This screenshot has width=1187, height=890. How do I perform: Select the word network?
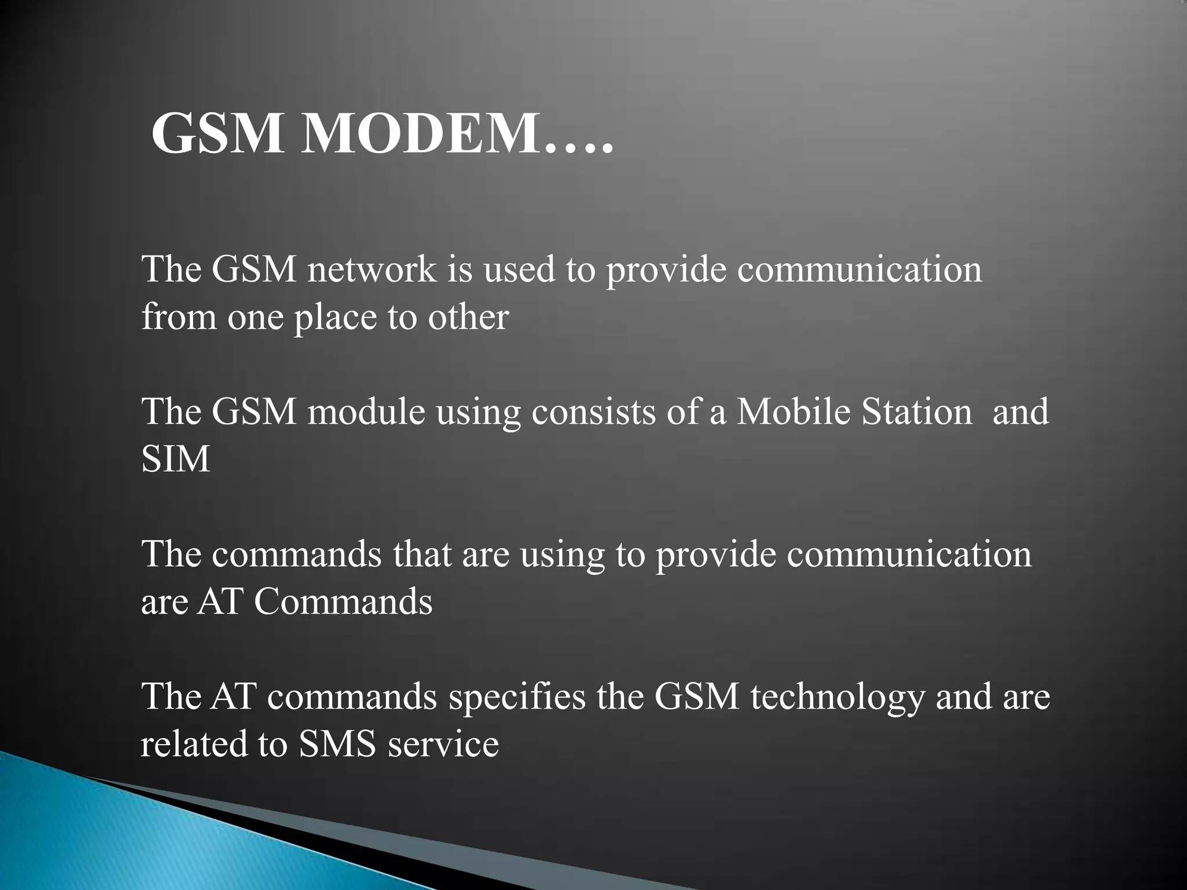click(x=372, y=270)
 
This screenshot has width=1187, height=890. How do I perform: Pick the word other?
click(x=468, y=318)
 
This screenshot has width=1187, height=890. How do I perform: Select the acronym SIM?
click(x=175, y=459)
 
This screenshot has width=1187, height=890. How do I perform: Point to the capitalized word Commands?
click(x=343, y=602)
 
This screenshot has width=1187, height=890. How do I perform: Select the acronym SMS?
click(x=337, y=744)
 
